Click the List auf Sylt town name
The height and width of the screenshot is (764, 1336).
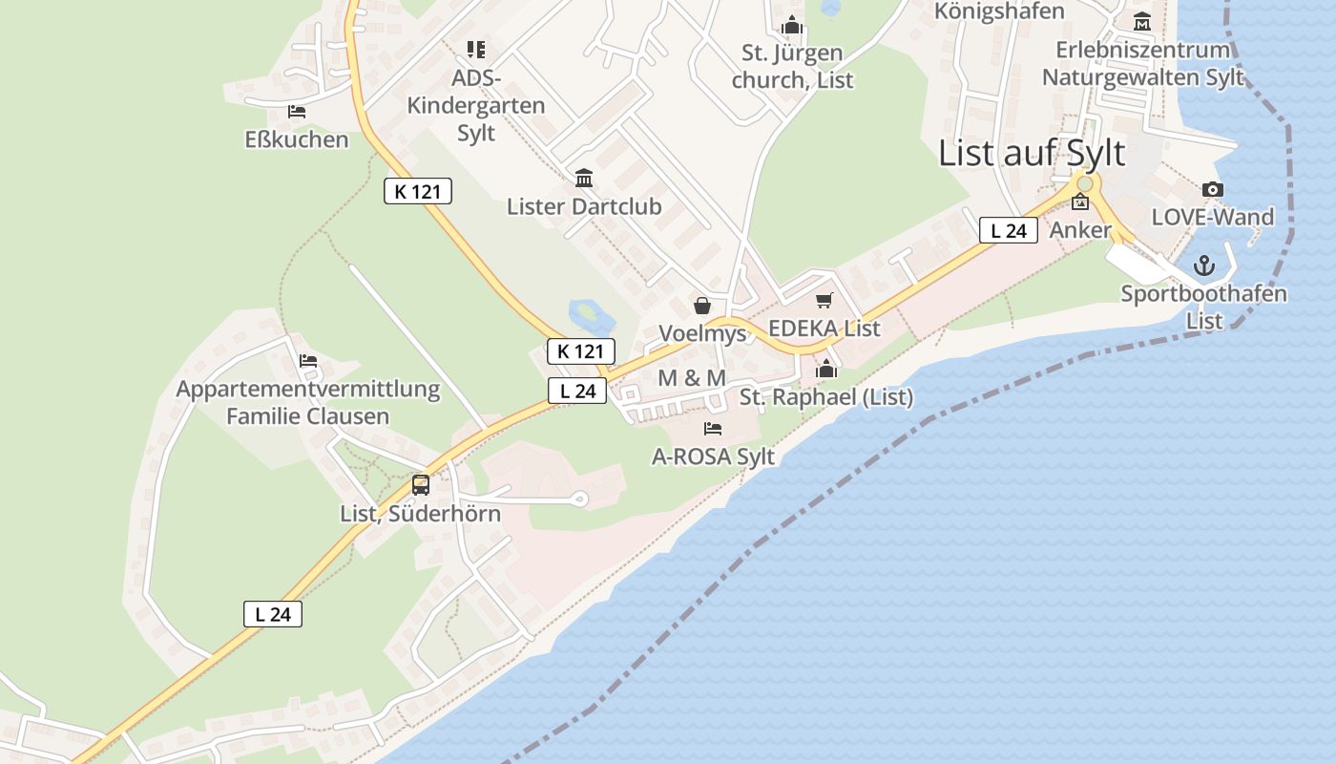coord(1032,153)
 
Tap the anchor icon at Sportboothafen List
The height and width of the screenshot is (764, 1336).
coord(1203,265)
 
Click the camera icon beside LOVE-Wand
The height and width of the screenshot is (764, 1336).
coord(1212,189)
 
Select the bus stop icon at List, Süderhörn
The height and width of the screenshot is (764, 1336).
coord(421,484)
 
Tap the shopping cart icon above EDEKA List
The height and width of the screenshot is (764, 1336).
coord(825,300)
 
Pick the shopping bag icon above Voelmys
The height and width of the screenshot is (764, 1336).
coord(702,306)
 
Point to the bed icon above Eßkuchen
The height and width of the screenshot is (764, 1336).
coord(297,112)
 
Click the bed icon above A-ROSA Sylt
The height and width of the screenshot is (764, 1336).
coord(713,428)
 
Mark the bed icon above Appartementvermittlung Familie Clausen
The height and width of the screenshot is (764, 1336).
coord(307,361)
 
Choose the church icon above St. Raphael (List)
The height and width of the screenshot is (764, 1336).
coord(826,368)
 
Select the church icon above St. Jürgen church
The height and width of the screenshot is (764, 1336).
coord(791,25)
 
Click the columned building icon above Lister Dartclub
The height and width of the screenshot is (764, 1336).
coord(584,178)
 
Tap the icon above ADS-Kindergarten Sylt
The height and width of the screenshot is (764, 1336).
coord(475,49)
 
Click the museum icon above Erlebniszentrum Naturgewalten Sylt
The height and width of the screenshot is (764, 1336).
coord(1142,21)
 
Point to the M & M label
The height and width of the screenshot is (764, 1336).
coord(692,378)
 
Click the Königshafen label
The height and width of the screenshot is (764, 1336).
coord(999,11)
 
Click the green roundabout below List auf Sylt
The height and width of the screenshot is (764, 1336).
coord(1084,182)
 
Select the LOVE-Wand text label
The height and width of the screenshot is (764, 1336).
coord(1212,217)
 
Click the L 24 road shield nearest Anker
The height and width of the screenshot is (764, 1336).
coord(1008,230)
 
